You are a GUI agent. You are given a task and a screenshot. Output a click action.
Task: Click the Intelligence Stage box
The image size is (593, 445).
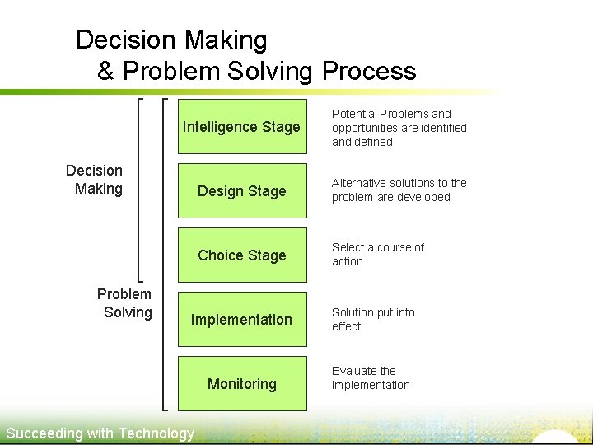point(241,127)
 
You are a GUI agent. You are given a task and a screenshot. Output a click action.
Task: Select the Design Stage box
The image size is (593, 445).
point(241,191)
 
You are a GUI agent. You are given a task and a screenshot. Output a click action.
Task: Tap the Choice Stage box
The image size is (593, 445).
point(241,255)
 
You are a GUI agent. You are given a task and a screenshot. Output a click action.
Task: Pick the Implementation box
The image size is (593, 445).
point(241,320)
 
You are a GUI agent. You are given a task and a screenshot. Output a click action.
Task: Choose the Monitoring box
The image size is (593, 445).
point(241,384)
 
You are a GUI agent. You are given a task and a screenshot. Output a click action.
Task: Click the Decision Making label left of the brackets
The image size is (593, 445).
point(95,180)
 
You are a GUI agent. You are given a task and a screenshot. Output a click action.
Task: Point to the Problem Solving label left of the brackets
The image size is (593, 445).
point(125,302)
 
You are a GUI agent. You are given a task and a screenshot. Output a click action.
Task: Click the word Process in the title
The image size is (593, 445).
point(369,72)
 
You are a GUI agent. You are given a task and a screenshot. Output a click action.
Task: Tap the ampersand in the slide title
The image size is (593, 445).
point(105,72)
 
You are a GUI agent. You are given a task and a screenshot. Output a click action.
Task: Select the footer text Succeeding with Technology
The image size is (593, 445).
point(100,433)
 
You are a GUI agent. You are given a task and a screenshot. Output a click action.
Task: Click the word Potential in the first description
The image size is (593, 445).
point(354,114)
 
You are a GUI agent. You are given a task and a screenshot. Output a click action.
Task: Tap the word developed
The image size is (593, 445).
point(425,197)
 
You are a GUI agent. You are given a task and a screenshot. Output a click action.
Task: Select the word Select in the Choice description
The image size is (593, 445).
point(347,247)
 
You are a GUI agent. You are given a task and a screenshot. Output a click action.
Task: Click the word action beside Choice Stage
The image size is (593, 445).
point(347,261)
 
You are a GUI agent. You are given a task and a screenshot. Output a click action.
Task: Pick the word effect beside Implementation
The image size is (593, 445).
point(346,326)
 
